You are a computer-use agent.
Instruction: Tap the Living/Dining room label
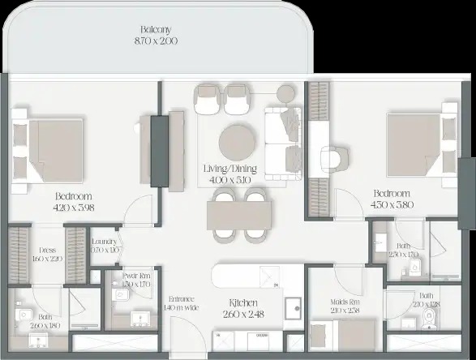tap(229, 169)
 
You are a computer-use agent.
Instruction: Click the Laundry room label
tap(105, 242)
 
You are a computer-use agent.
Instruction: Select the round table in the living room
tap(237, 139)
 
